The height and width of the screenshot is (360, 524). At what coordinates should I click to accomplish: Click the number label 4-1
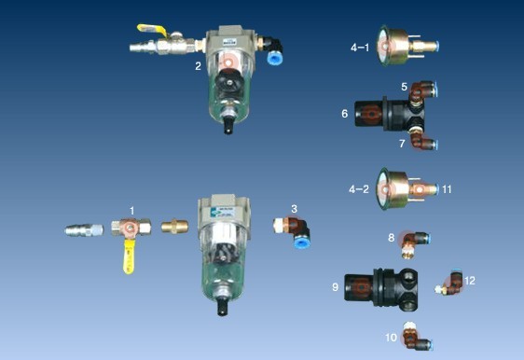point(360,48)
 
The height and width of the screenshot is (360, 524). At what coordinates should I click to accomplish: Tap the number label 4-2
point(359,189)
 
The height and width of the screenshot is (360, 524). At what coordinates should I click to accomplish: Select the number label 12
point(470,281)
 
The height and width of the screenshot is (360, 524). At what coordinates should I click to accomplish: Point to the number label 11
point(447,189)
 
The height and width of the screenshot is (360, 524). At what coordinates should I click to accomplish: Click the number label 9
point(335,287)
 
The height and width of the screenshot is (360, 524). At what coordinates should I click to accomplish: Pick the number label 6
point(345,114)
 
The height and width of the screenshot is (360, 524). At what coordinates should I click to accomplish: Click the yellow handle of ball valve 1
point(129,259)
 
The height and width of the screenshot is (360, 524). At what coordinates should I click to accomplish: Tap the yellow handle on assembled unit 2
point(152,31)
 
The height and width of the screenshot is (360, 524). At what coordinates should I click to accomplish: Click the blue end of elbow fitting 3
point(302,241)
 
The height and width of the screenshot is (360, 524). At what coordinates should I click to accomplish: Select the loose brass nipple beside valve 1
point(174,227)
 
